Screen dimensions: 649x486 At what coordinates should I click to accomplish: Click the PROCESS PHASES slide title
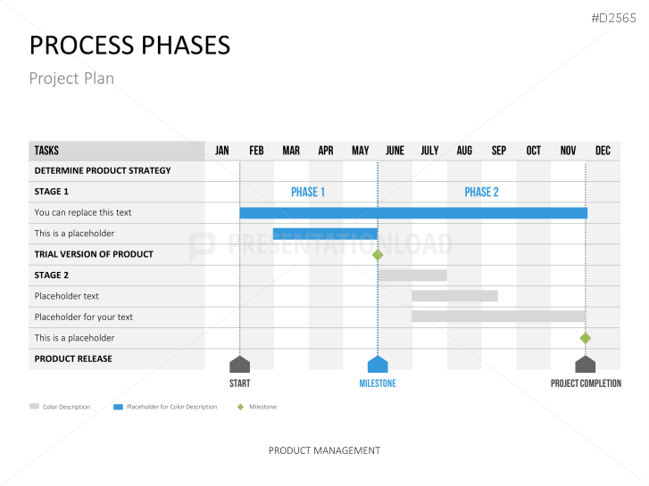pyautogui.click(x=129, y=45)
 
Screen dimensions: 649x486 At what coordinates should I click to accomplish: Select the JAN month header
pyautogui.click(x=222, y=151)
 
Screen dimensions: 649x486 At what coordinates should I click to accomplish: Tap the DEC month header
pyautogui.click(x=603, y=151)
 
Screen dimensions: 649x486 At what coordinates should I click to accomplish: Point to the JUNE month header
pyautogui.click(x=395, y=151)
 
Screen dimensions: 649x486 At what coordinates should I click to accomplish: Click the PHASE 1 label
pyautogui.click(x=308, y=192)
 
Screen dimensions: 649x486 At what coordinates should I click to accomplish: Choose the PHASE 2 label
pyautogui.click(x=481, y=192)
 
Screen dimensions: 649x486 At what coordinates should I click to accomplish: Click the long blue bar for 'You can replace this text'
pyautogui.click(x=413, y=213)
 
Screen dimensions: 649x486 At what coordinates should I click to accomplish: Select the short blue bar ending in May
pyautogui.click(x=325, y=234)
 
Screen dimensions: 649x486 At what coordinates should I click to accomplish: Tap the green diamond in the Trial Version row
pyautogui.click(x=378, y=255)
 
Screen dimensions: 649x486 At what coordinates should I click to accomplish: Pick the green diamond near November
pyautogui.click(x=586, y=338)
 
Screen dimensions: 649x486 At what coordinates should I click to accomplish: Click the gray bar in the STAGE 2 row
pyautogui.click(x=412, y=276)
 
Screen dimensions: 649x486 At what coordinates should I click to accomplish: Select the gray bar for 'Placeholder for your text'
pyautogui.click(x=498, y=317)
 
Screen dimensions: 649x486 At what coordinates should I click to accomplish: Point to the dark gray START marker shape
pyautogui.click(x=239, y=365)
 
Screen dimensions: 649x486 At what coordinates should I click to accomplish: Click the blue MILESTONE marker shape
pyautogui.click(x=378, y=365)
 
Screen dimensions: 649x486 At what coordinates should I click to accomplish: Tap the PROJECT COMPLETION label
pyautogui.click(x=586, y=383)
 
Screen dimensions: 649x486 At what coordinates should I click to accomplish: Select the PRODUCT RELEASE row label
pyautogui.click(x=73, y=359)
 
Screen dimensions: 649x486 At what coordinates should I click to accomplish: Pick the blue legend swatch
pyautogui.click(x=119, y=407)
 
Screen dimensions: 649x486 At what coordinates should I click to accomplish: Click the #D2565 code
pyautogui.click(x=614, y=18)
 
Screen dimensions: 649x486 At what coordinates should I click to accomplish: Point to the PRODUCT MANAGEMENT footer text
pyautogui.click(x=325, y=450)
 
